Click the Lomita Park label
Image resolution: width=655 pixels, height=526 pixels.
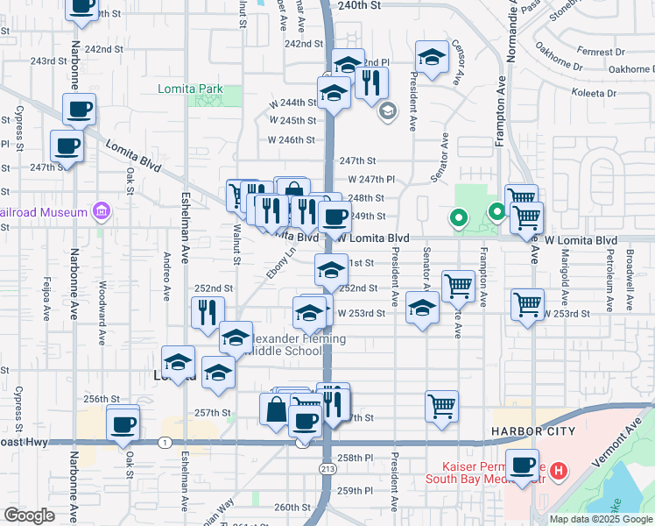[190, 89]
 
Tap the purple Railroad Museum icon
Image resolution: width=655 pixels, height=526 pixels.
[102, 211]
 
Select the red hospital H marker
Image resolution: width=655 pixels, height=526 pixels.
[560, 470]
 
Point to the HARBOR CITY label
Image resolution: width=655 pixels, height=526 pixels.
[532, 431]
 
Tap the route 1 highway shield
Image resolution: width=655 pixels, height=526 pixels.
[165, 443]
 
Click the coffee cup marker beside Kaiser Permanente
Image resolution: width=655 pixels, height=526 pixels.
[524, 465]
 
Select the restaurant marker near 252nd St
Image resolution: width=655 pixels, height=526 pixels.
[208, 312]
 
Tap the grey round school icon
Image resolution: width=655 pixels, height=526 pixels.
[387, 111]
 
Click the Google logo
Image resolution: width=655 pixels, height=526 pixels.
[29, 515]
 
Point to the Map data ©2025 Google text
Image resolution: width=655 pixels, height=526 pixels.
[600, 519]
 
